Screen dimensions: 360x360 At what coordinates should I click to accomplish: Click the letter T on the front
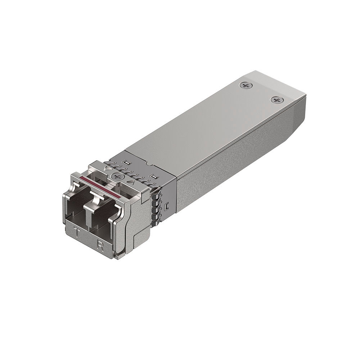(77, 233)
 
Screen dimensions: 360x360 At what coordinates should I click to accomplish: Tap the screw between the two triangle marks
(117, 176)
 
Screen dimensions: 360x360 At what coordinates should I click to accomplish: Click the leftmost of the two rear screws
(246, 86)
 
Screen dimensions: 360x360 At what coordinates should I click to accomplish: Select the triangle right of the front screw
(132, 183)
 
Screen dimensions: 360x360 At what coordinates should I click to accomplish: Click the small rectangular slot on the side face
(167, 207)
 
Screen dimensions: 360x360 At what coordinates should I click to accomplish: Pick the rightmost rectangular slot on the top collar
(154, 177)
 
